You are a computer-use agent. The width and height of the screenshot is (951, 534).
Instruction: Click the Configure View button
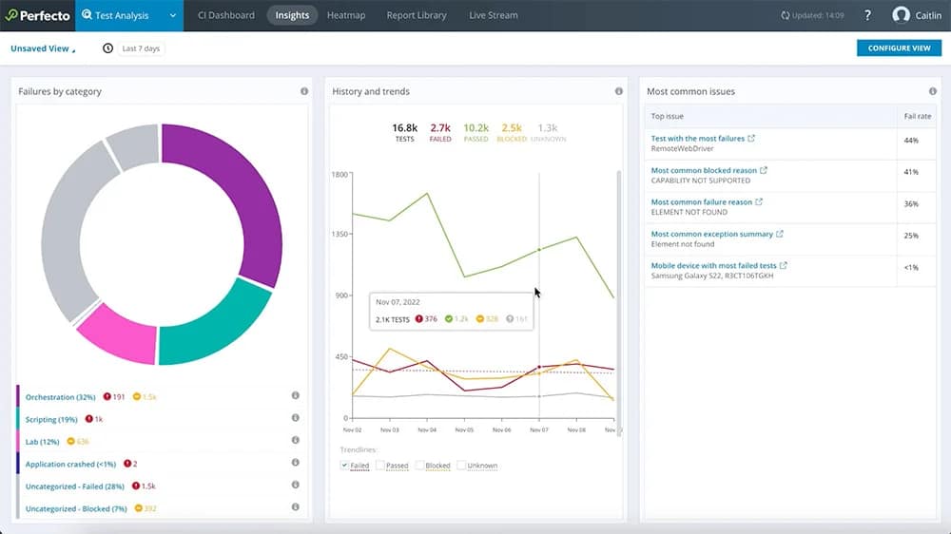point(899,48)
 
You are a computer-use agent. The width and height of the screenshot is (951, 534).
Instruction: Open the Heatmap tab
point(346,15)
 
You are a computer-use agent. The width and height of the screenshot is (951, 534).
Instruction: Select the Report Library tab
point(417,15)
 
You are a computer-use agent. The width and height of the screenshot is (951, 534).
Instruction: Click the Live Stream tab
point(493,15)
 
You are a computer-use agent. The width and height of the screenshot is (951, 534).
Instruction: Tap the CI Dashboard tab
point(225,15)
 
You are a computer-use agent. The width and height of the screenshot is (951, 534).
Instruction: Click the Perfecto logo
point(38,15)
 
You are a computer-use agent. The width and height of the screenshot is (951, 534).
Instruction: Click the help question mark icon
point(867,15)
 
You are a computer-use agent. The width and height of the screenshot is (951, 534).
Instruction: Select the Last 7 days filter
point(141,48)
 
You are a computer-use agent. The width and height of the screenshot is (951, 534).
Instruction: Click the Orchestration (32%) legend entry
point(60,396)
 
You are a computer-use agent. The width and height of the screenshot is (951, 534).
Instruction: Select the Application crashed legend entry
point(70,464)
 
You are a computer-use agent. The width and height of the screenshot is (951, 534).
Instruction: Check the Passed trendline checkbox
point(380,466)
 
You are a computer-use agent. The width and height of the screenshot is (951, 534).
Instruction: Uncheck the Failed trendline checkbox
point(345,466)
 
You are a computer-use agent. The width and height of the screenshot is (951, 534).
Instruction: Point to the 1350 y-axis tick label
point(340,235)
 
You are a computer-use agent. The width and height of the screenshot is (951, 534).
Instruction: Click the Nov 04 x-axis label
point(426,429)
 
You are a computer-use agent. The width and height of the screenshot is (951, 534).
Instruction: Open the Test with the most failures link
point(697,139)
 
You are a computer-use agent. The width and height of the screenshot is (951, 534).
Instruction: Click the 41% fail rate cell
point(910,172)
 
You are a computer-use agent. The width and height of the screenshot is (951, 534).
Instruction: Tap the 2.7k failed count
point(440,127)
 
